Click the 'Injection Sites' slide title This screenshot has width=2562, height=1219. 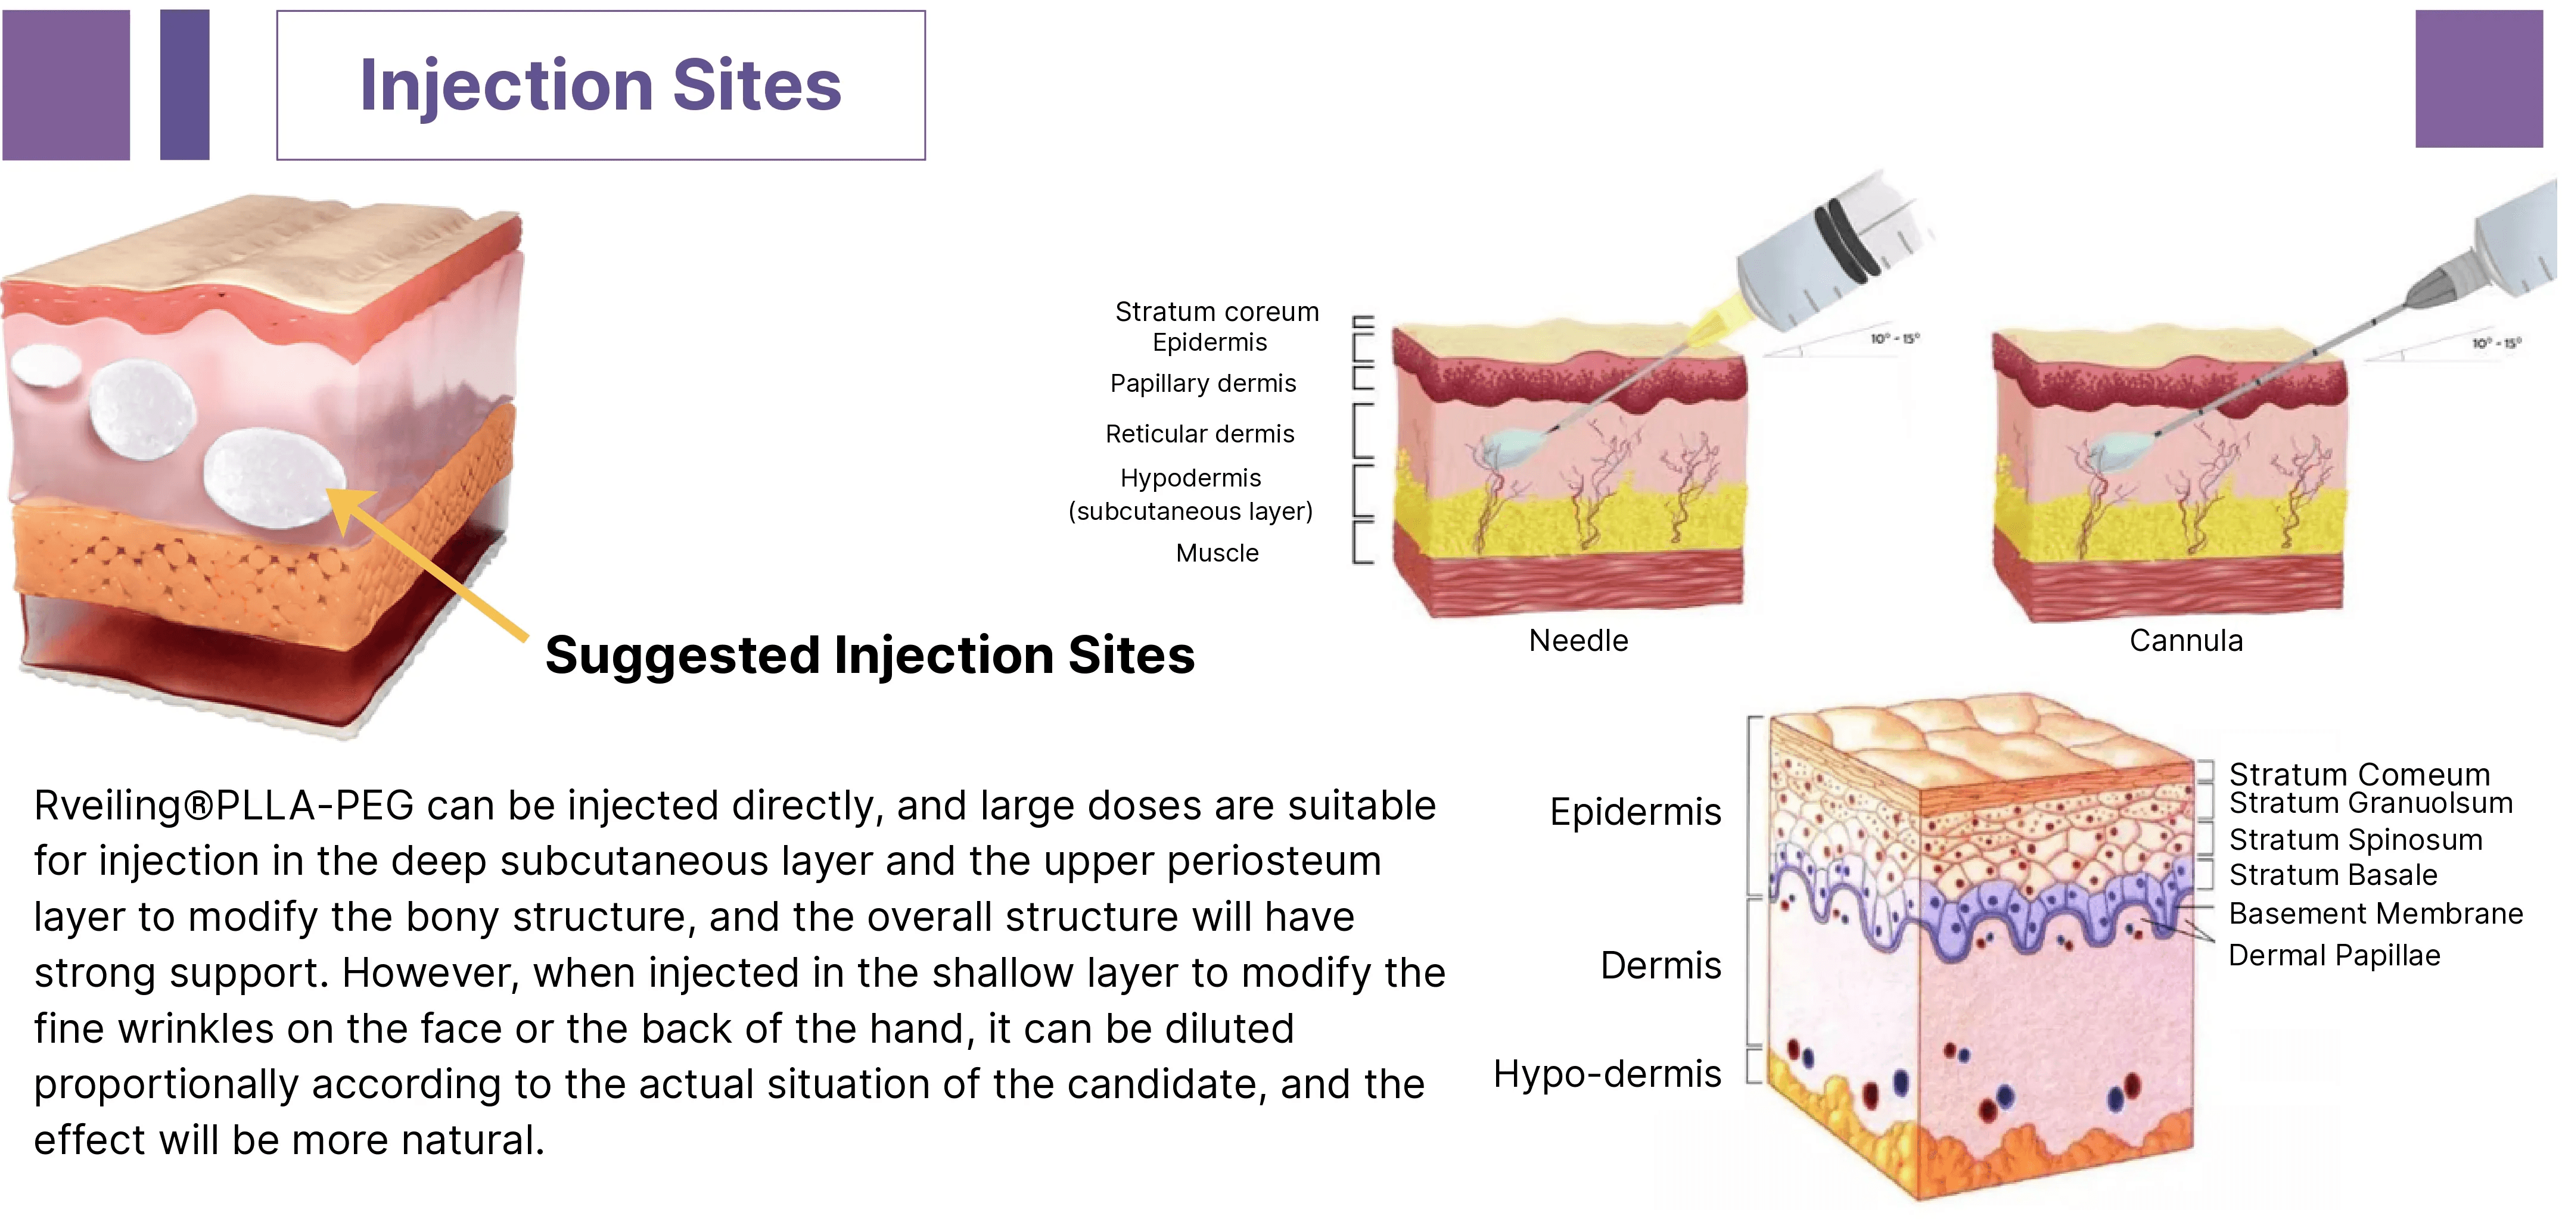[x=600, y=86]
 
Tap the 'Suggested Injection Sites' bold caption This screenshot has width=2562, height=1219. [x=869, y=655]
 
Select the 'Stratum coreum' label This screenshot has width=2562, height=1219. [x=1216, y=311]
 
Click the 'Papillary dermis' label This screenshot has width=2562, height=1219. [x=1202, y=383]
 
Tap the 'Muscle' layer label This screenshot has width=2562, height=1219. [x=1216, y=553]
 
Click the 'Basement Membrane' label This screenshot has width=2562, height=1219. [x=2375, y=913]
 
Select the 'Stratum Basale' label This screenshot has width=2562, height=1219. [x=2332, y=875]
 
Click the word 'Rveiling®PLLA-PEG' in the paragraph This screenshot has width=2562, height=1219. [x=224, y=805]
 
